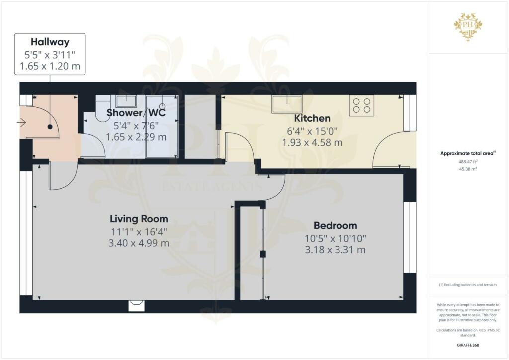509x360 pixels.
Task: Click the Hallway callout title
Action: (x=50, y=42)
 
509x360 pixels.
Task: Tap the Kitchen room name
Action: (x=312, y=118)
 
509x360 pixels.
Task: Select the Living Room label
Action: (x=139, y=219)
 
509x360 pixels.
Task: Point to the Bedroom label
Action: (x=335, y=225)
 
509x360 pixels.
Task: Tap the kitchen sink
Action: (x=287, y=104)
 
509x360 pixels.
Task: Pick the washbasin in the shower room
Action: (x=127, y=101)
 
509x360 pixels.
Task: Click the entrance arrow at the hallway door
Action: (x=23, y=122)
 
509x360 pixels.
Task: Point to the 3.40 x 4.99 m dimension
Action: (x=139, y=243)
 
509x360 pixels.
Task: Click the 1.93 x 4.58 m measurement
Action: (x=312, y=143)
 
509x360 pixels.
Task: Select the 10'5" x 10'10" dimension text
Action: (x=335, y=239)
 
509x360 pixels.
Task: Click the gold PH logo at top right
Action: (x=468, y=24)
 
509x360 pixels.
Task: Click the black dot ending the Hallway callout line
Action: (x=50, y=127)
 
